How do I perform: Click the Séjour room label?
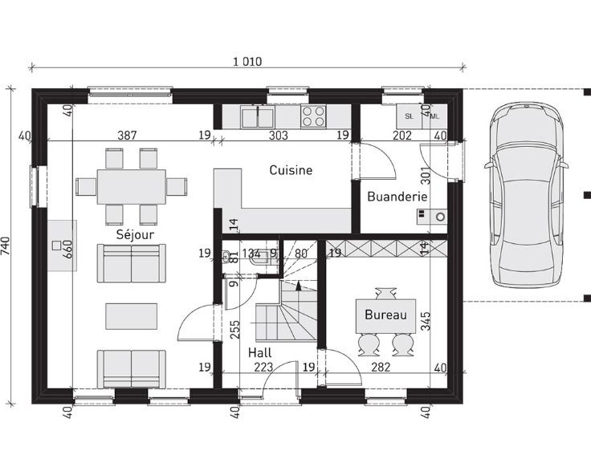pyautogui.click(x=135, y=234)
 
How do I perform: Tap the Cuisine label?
pyautogui.click(x=291, y=170)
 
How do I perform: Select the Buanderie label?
pyautogui.click(x=397, y=196)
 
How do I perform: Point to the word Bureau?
pyautogui.click(x=385, y=315)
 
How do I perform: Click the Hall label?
pyautogui.click(x=259, y=353)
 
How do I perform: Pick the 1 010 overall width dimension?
pyautogui.click(x=247, y=61)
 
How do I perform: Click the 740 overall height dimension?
pyautogui.click(x=6, y=246)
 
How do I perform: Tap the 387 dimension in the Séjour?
pyautogui.click(x=127, y=135)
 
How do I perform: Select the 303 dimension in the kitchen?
pyautogui.click(x=279, y=135)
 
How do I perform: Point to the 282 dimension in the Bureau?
pyautogui.click(x=381, y=367)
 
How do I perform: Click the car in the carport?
pyautogui.click(x=526, y=195)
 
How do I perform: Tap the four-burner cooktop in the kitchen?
pyautogui.click(x=313, y=116)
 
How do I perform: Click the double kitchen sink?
pyautogui.click(x=258, y=116)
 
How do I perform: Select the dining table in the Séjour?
pyautogui.click(x=131, y=187)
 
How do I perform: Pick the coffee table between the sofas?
pyautogui.click(x=131, y=316)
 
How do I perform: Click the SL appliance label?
pyautogui.click(x=409, y=116)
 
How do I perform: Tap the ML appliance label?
pyautogui.click(x=435, y=116)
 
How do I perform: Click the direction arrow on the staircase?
pyautogui.click(x=299, y=286)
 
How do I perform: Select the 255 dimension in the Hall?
pyautogui.click(x=234, y=330)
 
